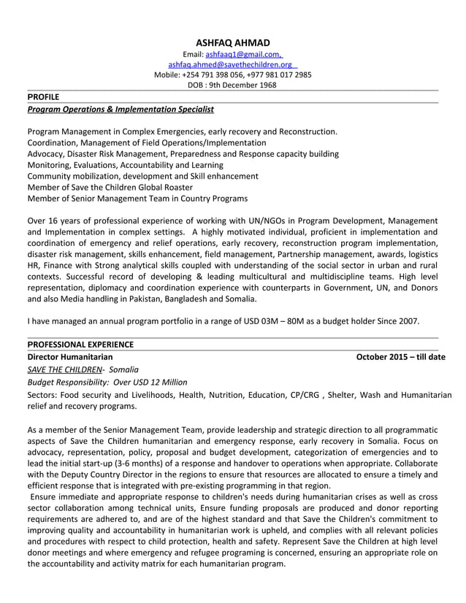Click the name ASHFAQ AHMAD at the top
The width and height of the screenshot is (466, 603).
pyautogui.click(x=233, y=43)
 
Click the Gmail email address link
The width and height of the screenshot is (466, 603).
pyautogui.click(x=243, y=55)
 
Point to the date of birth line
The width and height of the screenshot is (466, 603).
pyautogui.click(x=232, y=85)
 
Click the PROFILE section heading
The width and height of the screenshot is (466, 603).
pyautogui.click(x=43, y=96)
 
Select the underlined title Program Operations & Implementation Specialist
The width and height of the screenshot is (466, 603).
pyautogui.click(x=121, y=109)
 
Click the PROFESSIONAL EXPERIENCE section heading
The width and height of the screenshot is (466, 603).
pyautogui.click(x=80, y=344)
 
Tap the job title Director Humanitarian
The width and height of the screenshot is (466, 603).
pyautogui.click(x=70, y=357)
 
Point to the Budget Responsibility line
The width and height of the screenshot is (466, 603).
pyautogui.click(x=107, y=382)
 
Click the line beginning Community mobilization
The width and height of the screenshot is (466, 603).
pyautogui.click(x=142, y=176)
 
